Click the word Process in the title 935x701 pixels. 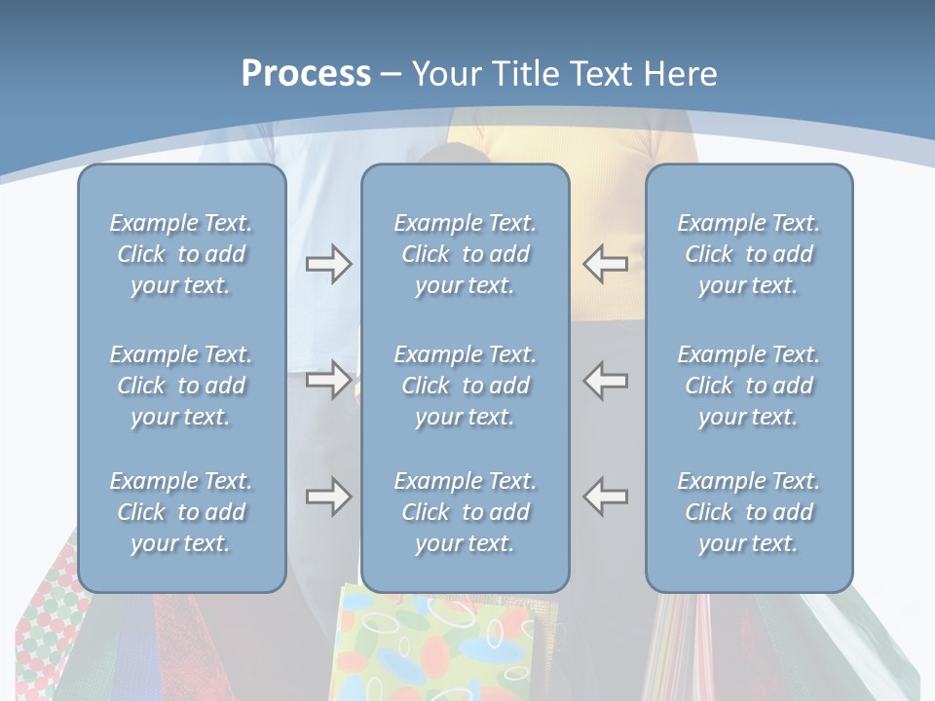(x=306, y=74)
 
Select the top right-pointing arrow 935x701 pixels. (x=328, y=264)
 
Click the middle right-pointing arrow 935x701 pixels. (x=328, y=379)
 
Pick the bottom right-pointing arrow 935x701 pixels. (x=328, y=497)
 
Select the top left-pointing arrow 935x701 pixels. (x=606, y=264)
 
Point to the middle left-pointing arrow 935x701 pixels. (x=606, y=379)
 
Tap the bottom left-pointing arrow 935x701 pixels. (x=606, y=497)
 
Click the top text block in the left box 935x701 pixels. (x=181, y=254)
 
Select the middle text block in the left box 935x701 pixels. (x=181, y=386)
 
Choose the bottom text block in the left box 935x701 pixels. (x=181, y=512)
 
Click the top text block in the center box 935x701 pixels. (x=465, y=254)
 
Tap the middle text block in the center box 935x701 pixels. (x=465, y=386)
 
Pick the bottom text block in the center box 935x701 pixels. (x=465, y=512)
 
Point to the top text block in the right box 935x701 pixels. (x=748, y=254)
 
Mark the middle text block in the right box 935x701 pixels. (x=748, y=386)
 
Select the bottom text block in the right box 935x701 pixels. (x=748, y=512)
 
